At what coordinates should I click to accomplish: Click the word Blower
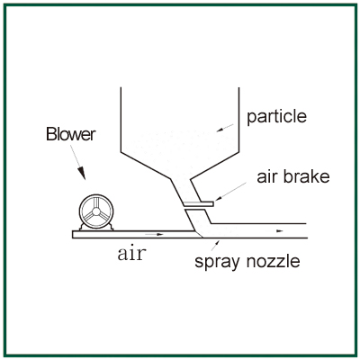(71, 134)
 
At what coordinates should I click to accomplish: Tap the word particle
(276, 116)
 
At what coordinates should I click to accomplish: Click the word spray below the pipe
(217, 262)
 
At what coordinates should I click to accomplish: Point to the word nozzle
(273, 261)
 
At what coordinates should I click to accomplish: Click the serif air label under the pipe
(131, 254)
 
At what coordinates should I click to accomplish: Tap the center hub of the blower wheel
(96, 211)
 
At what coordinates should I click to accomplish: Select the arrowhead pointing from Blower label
(81, 174)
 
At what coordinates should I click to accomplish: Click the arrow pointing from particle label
(225, 128)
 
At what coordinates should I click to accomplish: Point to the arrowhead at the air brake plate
(219, 198)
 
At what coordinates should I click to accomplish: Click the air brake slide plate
(198, 204)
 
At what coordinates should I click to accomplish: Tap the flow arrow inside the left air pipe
(154, 234)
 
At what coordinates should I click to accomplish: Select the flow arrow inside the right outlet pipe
(279, 230)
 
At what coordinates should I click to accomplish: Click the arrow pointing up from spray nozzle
(215, 245)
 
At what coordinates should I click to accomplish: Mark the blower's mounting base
(96, 228)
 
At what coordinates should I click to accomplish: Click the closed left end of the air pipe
(73, 235)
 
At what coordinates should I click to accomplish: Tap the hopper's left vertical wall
(121, 120)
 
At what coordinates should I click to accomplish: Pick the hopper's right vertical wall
(238, 119)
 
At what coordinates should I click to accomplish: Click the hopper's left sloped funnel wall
(146, 166)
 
